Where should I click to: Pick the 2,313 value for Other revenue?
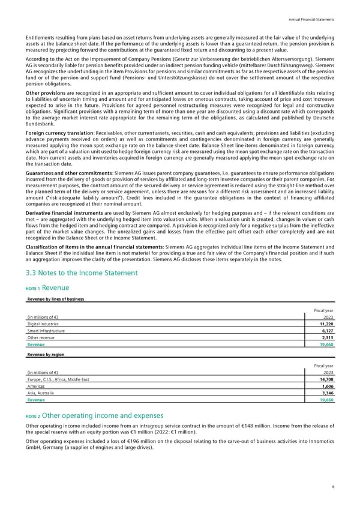pyautogui.click(x=326, y=338)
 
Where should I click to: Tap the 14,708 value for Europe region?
pyautogui.click(x=325, y=380)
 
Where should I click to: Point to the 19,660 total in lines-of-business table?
pyautogui.click(x=325, y=345)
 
